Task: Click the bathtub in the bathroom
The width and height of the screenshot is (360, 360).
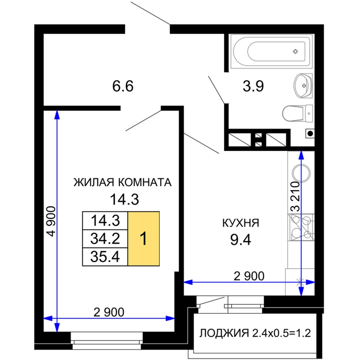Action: tap(272, 52)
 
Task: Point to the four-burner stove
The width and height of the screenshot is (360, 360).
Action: tap(301, 227)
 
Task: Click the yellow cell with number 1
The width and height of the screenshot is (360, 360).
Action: tap(144, 238)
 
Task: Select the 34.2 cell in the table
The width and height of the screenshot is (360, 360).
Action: tap(105, 238)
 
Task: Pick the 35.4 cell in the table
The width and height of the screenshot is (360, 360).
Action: tap(105, 257)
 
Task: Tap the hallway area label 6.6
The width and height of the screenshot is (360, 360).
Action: tap(123, 86)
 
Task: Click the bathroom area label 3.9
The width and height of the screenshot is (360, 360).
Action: tap(253, 86)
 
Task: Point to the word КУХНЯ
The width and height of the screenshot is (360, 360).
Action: tap(241, 223)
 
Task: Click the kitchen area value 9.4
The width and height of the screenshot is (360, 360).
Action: tap(241, 240)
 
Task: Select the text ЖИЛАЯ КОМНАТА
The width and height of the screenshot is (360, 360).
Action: tap(122, 182)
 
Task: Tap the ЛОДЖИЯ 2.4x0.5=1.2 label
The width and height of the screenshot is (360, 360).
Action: tap(255, 333)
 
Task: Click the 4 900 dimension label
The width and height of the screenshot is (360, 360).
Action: tap(51, 221)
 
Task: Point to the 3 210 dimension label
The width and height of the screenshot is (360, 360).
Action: tap(295, 197)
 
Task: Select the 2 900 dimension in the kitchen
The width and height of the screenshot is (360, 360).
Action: tap(249, 276)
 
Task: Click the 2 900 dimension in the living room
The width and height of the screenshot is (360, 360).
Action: tap(109, 312)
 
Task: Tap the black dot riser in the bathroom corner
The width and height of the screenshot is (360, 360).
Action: tap(310, 133)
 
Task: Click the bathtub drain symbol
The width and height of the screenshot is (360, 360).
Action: tap(296, 52)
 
